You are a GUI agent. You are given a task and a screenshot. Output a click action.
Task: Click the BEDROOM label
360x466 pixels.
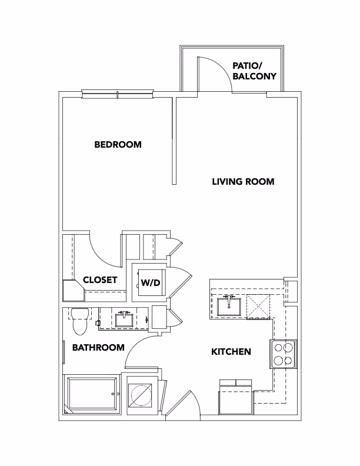coord(118,144)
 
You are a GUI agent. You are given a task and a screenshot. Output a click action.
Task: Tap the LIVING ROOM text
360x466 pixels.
coord(243,181)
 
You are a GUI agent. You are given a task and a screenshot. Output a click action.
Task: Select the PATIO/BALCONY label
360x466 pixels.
coord(254,71)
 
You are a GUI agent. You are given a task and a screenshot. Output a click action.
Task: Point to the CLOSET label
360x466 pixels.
coord(100,279)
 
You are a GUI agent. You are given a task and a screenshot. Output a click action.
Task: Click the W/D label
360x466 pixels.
coord(151,283)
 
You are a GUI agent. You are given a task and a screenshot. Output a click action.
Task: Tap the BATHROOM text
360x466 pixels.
coord(98,347)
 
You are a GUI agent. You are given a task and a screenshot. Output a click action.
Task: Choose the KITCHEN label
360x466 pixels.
coord(231,352)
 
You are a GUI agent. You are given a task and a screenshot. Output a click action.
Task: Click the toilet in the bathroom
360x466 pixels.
coord(79,321)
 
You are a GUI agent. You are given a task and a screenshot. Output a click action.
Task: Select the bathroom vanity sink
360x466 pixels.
coord(124,319)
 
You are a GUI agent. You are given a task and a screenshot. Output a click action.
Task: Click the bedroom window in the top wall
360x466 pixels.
coord(118,94)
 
